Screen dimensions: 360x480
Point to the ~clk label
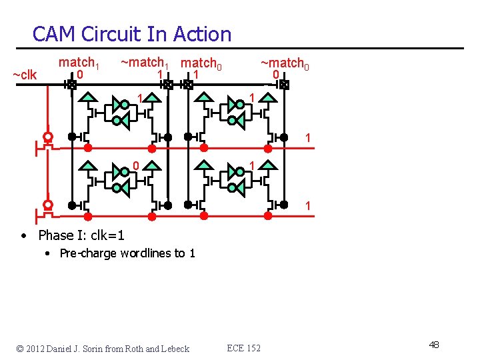coord(25,75)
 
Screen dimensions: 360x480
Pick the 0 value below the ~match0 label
coord(275,75)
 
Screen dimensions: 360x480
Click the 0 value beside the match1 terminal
coord(79,75)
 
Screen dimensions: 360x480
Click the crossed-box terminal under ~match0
coord(284,85)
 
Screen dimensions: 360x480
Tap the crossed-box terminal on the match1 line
coord(71,85)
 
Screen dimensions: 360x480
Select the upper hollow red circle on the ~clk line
coord(48,137)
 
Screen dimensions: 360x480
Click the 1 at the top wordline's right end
coord(307,138)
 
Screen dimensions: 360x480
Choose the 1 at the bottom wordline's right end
coord(307,207)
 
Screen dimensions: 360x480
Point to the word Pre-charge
coord(85,253)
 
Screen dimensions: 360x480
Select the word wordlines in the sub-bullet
coord(146,253)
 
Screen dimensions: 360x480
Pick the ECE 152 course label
coord(244,348)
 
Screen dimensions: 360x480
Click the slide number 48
coord(434,345)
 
